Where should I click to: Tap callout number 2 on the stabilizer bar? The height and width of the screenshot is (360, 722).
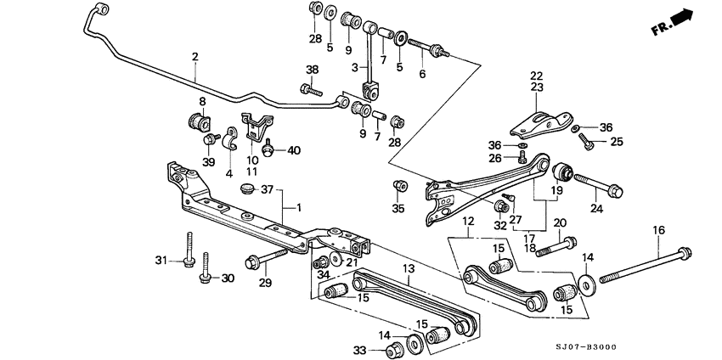(195, 57)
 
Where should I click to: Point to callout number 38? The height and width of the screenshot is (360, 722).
(312, 70)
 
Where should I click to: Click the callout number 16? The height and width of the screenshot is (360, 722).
(659, 230)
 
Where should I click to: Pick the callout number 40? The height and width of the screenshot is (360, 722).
(294, 150)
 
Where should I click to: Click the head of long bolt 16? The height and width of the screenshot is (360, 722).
(685, 251)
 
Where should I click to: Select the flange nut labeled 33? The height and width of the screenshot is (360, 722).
(393, 349)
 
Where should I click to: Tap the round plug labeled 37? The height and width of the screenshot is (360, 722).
(248, 188)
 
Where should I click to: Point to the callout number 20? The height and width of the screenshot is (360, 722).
(559, 223)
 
